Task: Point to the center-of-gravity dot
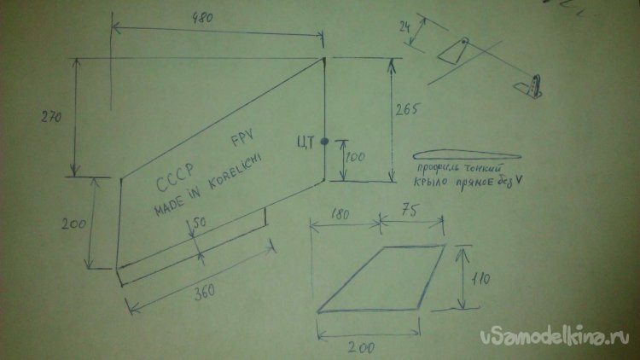tap(324, 145)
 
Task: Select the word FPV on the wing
tap(242, 142)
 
